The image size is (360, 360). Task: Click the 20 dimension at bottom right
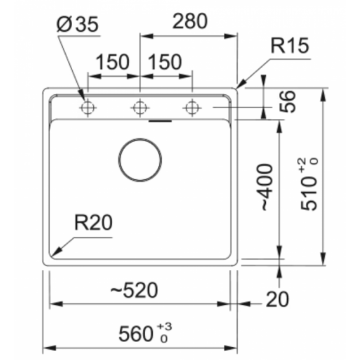[279, 299]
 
